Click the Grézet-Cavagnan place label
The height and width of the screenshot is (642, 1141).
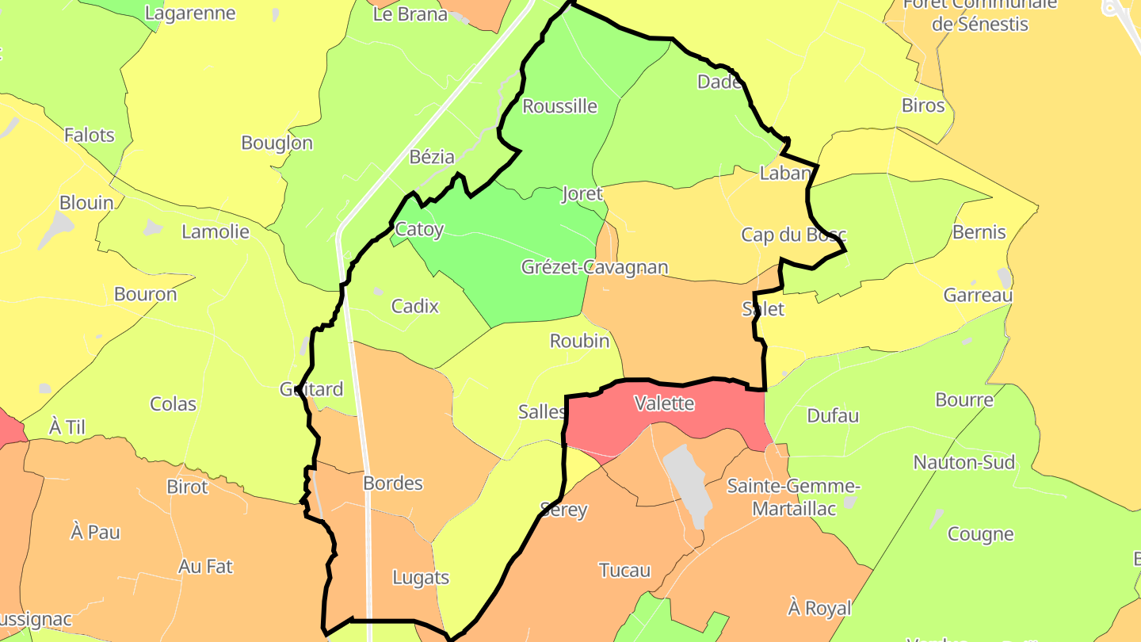click(x=594, y=267)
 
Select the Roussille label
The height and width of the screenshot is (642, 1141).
click(x=560, y=106)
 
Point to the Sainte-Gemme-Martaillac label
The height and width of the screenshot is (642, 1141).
click(x=793, y=497)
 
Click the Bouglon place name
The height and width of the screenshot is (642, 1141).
click(x=277, y=143)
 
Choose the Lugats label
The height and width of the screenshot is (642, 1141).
click(x=421, y=578)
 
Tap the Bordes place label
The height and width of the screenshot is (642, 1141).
click(x=393, y=483)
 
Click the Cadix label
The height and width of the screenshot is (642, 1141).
click(x=415, y=305)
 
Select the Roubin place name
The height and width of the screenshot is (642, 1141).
click(x=580, y=341)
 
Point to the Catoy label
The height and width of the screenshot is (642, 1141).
click(x=419, y=230)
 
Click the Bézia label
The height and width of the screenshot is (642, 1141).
click(x=433, y=157)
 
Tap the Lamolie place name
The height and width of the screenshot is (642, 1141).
click(x=216, y=232)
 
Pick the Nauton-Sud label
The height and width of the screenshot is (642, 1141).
click(x=964, y=462)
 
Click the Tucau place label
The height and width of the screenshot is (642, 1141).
click(x=625, y=570)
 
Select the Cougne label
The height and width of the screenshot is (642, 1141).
click(x=981, y=534)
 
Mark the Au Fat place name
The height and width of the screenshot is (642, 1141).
click(x=206, y=567)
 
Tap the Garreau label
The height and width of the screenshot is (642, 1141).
click(x=978, y=296)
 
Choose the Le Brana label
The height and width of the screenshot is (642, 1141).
click(x=410, y=14)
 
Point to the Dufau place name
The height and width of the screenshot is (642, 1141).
click(x=833, y=415)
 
